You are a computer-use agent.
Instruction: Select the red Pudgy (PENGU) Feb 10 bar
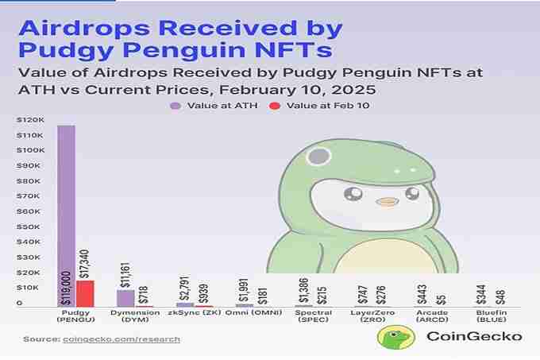point(85,293)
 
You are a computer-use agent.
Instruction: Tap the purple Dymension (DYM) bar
point(125,298)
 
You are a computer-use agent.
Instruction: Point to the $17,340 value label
point(86,261)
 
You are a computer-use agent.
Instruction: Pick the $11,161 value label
point(125,272)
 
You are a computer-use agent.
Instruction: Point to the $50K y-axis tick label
point(29,226)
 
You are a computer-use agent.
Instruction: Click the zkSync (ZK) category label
point(194,315)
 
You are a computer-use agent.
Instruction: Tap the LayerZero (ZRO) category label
point(372,318)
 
